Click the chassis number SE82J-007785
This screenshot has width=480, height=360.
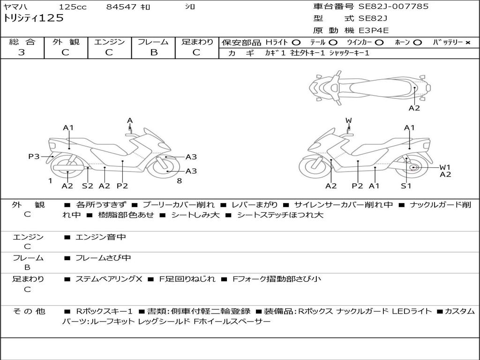(393, 7)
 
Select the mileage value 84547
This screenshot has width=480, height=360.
(121, 7)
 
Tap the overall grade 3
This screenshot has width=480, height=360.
(22, 52)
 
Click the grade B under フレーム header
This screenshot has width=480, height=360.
(153, 52)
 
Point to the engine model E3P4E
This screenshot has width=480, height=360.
(374, 30)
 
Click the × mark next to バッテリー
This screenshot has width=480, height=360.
(468, 43)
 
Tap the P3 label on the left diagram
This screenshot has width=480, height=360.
(34, 157)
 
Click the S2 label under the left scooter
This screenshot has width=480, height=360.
(88, 186)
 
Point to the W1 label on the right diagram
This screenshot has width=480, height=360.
(445, 167)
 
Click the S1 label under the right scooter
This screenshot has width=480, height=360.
(406, 186)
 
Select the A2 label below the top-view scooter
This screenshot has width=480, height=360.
(414, 108)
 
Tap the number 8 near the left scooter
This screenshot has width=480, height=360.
(179, 180)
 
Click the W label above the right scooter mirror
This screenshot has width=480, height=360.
(348, 120)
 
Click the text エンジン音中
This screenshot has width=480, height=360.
(101, 237)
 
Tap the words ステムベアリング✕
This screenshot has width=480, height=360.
(109, 279)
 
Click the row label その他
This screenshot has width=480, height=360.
(28, 311)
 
